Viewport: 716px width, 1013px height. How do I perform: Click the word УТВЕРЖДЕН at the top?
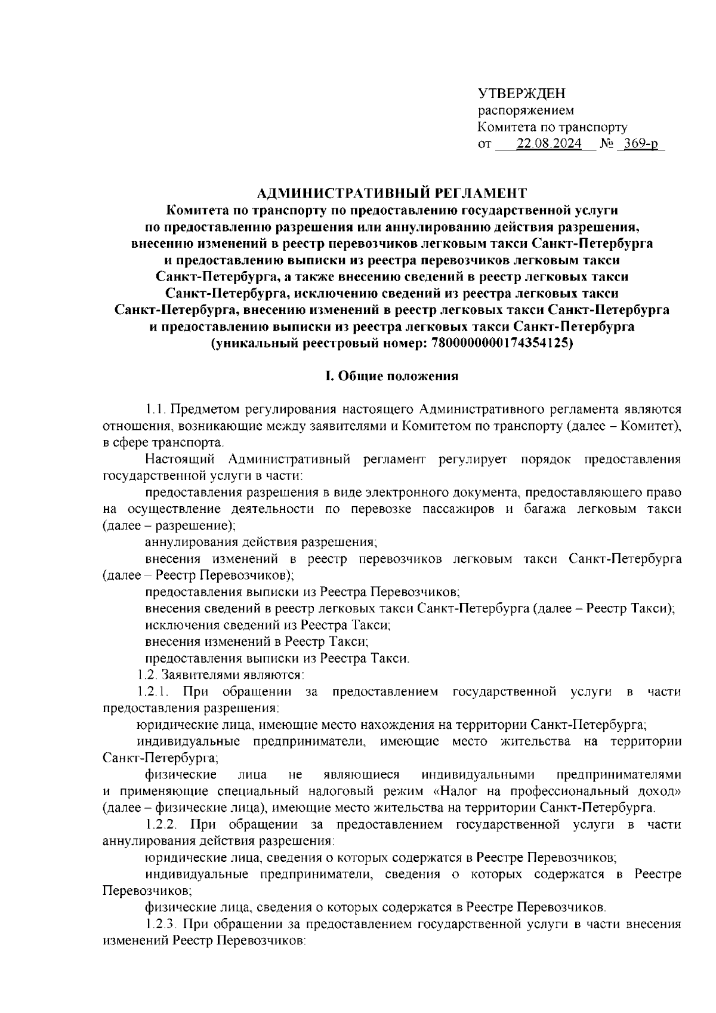click(x=521, y=93)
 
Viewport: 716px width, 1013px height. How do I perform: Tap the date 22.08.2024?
click(x=549, y=144)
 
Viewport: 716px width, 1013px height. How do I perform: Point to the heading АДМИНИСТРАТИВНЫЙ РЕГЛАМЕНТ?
click(x=392, y=193)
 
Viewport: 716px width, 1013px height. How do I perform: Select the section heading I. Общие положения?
click(x=391, y=376)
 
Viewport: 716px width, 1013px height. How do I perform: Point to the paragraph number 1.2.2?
click(x=162, y=825)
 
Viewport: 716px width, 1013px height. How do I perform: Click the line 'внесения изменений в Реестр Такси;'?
click(x=257, y=642)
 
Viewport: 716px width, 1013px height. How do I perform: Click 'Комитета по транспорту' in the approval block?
click(x=552, y=127)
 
